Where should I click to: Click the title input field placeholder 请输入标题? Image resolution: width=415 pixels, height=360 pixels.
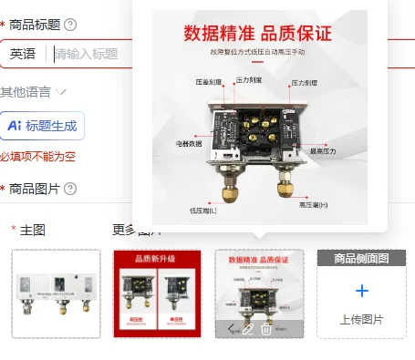87,55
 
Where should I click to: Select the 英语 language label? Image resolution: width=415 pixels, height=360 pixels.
24,55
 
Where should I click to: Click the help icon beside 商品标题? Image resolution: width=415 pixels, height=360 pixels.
70,25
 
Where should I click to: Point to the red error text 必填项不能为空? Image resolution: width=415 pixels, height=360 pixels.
37,157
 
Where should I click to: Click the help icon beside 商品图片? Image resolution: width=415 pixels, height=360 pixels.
70,189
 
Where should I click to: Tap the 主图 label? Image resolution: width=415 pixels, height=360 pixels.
33,230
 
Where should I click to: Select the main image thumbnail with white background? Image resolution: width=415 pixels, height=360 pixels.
56,293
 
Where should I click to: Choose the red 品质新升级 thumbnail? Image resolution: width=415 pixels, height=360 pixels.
157,293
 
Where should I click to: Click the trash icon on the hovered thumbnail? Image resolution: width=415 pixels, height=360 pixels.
265,328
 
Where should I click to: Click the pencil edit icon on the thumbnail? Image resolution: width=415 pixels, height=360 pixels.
247,328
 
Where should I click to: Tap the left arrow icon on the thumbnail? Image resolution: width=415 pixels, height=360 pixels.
230,328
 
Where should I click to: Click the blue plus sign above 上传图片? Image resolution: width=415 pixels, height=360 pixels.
361,291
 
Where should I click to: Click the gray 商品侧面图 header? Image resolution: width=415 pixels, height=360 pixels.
361,258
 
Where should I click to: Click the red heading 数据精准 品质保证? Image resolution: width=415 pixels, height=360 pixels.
258,34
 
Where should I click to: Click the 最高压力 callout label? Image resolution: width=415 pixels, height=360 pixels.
323,151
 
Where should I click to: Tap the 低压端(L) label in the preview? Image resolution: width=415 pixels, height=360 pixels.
203,211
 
